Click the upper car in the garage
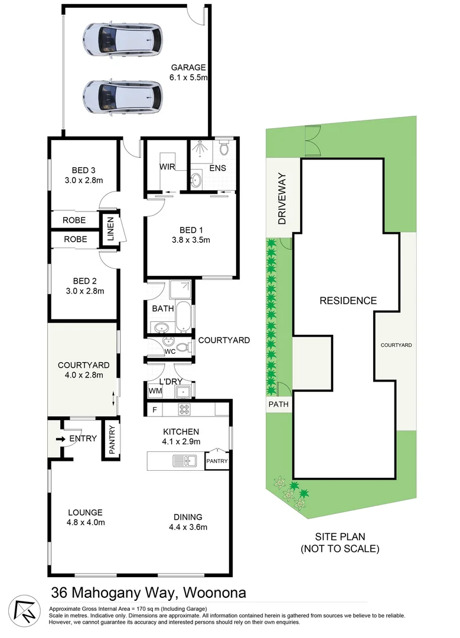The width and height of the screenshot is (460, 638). click(122, 39)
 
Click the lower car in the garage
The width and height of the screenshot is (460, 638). click(122, 96)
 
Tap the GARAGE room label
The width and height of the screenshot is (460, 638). click(188, 67)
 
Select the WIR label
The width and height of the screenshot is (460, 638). click(167, 167)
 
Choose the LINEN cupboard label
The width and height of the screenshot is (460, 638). click(110, 229)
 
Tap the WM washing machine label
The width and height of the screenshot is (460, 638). click(155, 390)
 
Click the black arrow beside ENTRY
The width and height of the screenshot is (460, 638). click(61, 439)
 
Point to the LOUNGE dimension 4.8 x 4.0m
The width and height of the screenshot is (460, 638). click(85, 522)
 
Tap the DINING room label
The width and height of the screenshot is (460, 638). click(188, 516)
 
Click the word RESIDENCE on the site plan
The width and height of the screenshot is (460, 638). click(348, 301)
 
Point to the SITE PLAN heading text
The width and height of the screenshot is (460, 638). click(340, 537)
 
